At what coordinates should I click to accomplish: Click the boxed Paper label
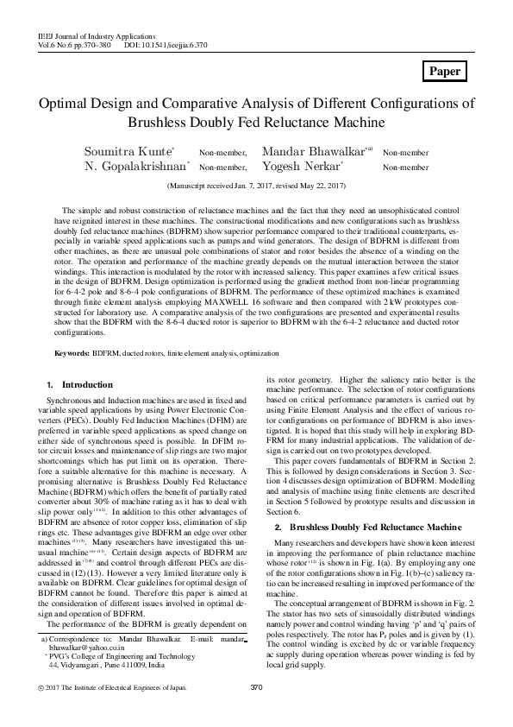click(x=445, y=72)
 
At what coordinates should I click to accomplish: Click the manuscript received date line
click(x=255, y=186)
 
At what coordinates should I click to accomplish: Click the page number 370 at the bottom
click(x=255, y=711)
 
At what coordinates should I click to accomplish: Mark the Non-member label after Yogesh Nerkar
click(x=405, y=168)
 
